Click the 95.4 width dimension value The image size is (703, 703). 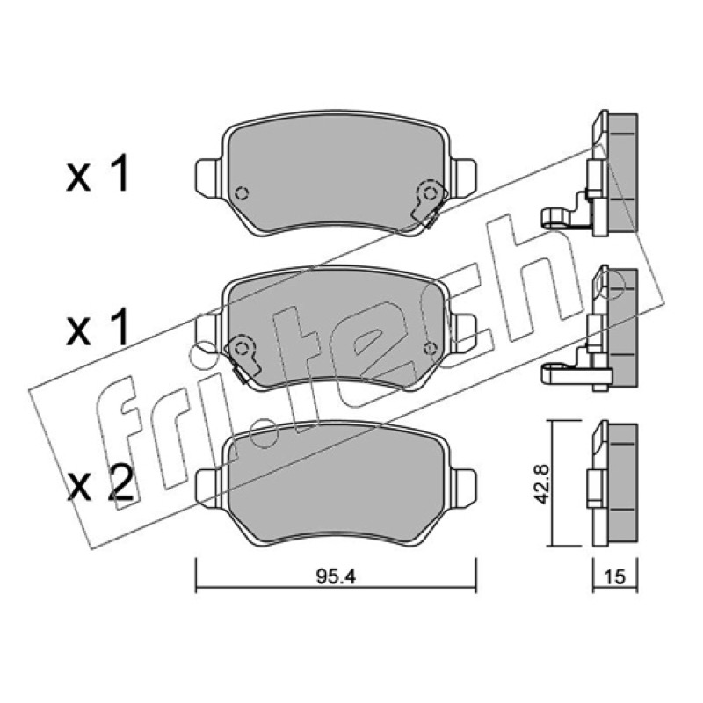point(336,576)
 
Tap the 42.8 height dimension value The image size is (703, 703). point(543,484)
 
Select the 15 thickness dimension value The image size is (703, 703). point(614,576)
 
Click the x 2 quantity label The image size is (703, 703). point(100,484)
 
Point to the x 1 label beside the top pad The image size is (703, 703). point(98,173)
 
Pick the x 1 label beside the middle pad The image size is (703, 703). point(98,328)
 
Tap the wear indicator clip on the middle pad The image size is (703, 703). point(243,357)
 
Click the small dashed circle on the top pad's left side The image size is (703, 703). point(243,193)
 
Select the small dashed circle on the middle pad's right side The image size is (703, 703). point(430,348)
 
